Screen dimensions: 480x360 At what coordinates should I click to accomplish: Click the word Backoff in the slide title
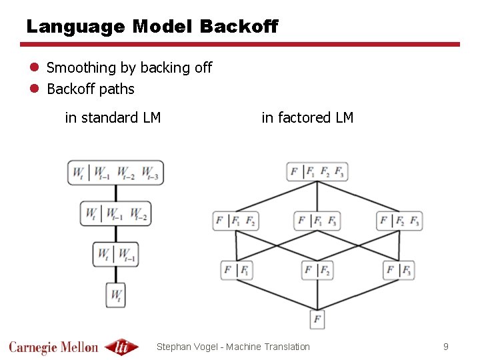pos(238,27)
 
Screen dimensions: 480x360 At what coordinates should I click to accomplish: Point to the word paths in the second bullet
pos(117,89)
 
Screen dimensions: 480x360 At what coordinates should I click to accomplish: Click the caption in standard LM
pos(113,118)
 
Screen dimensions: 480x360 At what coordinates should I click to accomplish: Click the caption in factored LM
pos(307,118)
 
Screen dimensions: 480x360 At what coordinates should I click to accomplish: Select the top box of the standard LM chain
pos(115,173)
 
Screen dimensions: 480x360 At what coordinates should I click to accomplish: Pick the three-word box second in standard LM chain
pos(115,213)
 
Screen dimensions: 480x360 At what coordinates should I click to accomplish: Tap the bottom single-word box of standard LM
pos(116,294)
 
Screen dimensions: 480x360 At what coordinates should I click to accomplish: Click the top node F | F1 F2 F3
pos(317,171)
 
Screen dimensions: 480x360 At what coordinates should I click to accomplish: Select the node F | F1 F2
pos(235,220)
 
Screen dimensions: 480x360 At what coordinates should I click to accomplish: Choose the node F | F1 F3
pos(317,220)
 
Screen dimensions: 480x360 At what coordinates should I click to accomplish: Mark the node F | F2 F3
pos(399,220)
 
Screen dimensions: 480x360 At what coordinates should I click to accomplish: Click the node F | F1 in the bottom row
pos(237,270)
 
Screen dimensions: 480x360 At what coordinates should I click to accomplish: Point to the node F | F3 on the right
pos(399,270)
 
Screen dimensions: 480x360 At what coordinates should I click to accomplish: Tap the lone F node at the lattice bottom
pos(317,319)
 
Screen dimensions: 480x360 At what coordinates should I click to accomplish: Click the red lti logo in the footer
pos(122,347)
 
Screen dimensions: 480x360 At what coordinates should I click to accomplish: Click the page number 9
pos(446,347)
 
